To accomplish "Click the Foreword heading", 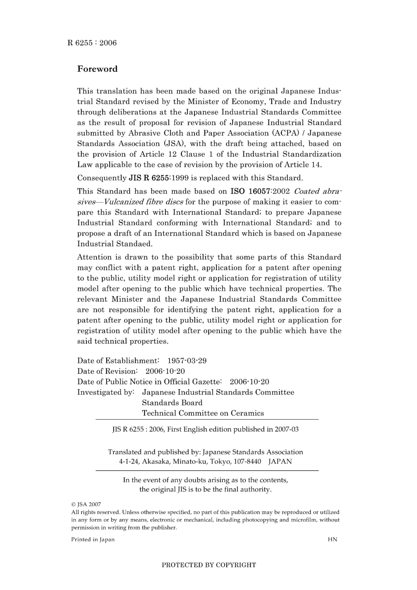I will point(97,69).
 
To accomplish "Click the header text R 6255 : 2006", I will point(92,43).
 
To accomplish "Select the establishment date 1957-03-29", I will point(187,361).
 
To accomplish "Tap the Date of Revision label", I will point(107,371).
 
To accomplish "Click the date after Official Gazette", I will point(249,382).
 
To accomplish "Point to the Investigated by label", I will point(105,392).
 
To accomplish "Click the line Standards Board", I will point(172,403).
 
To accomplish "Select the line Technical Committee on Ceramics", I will point(203,413).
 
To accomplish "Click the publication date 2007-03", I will point(287,429).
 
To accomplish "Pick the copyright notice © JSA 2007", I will point(86,504).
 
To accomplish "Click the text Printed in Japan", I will point(93,540).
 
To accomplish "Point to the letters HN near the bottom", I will point(332,540).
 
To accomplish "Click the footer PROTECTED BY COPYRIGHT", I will point(208,565).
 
